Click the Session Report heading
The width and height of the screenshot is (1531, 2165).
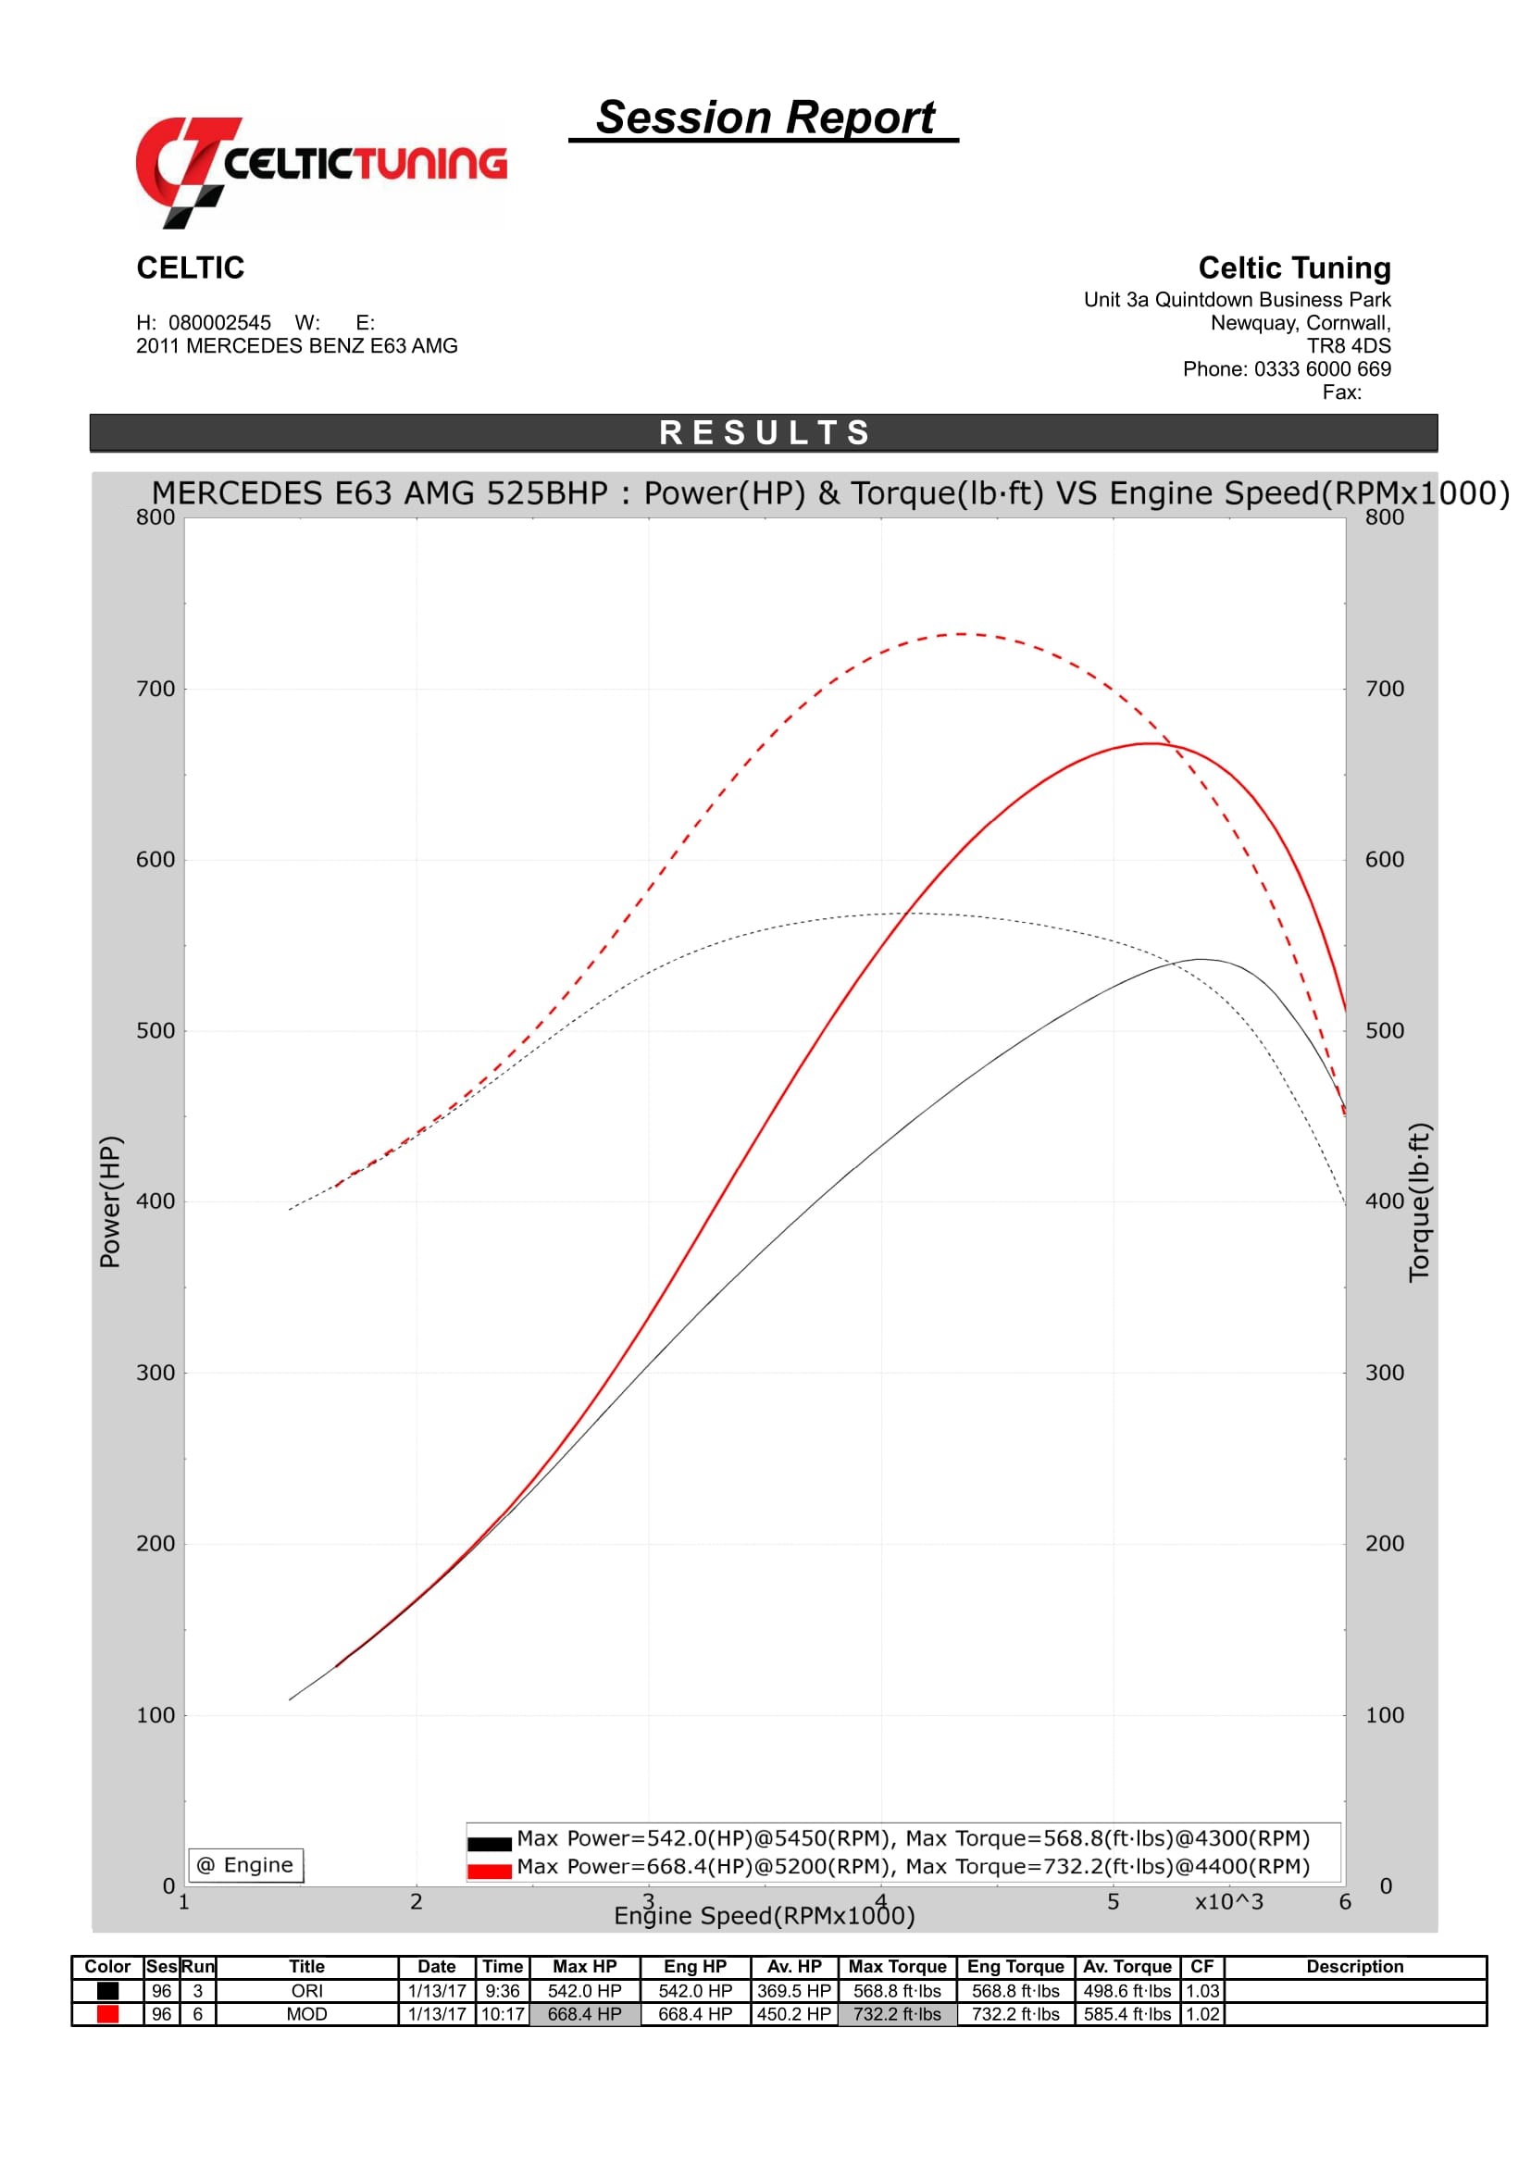tap(765, 118)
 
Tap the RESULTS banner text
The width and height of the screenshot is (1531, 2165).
tap(765, 433)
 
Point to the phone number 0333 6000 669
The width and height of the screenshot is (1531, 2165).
tap(1322, 368)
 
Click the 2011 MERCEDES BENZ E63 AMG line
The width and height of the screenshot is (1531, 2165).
tap(297, 346)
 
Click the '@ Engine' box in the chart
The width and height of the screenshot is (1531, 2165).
tap(245, 1864)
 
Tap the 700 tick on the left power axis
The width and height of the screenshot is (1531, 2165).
tap(156, 689)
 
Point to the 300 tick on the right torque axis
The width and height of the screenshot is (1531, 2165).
tap(1384, 1372)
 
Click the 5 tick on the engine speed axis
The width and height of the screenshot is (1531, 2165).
tap(1113, 1901)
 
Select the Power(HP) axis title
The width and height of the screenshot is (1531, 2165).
tap(110, 1201)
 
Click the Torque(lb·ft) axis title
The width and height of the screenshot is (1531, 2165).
tap(1419, 1201)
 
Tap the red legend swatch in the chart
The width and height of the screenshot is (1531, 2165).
tap(490, 1871)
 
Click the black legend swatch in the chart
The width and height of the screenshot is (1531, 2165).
tap(490, 1844)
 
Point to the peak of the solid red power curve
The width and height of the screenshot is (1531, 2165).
tap(1151, 743)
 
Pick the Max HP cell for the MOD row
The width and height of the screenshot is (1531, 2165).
tap(584, 2014)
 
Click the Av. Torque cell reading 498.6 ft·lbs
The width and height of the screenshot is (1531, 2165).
tap(1126, 1991)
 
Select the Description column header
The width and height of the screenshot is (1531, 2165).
tap(1354, 1966)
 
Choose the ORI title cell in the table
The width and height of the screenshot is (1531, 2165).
tap(306, 1991)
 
